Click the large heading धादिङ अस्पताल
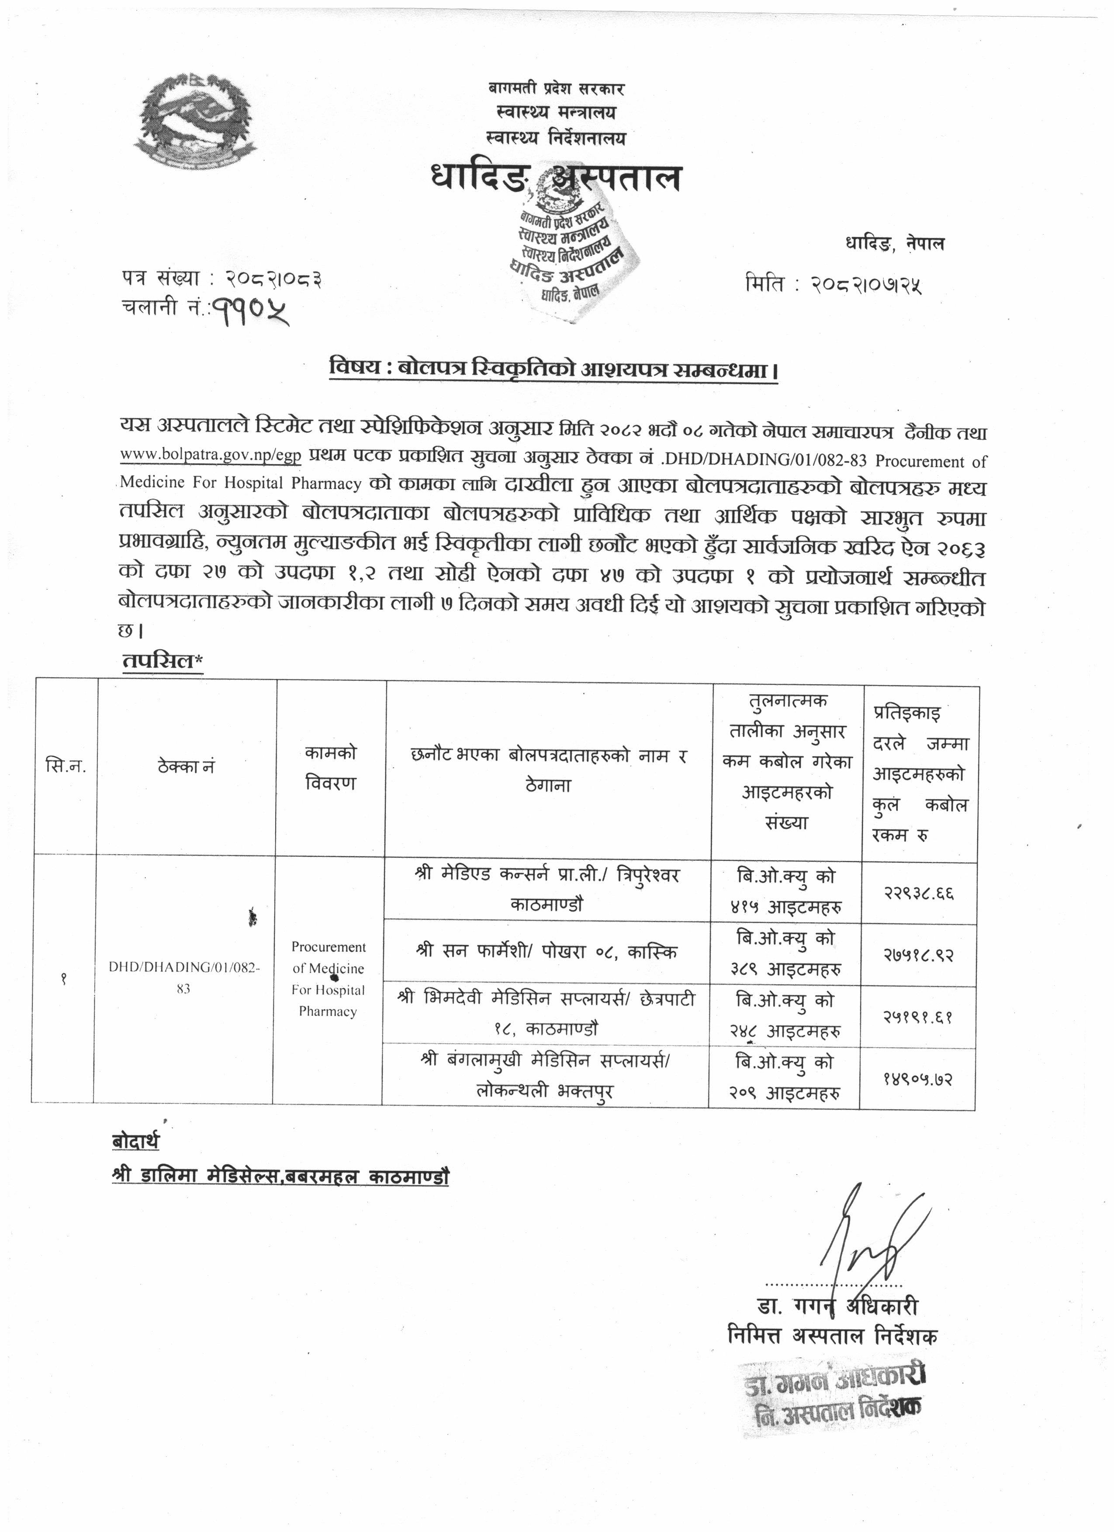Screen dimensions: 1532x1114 (555, 179)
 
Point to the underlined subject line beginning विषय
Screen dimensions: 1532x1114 (553, 371)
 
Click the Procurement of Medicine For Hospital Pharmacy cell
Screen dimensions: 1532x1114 (329, 979)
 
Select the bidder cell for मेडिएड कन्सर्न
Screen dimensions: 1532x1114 (548, 889)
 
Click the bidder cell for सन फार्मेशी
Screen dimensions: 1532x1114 (547, 952)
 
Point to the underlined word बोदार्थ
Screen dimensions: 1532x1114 (136, 1142)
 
